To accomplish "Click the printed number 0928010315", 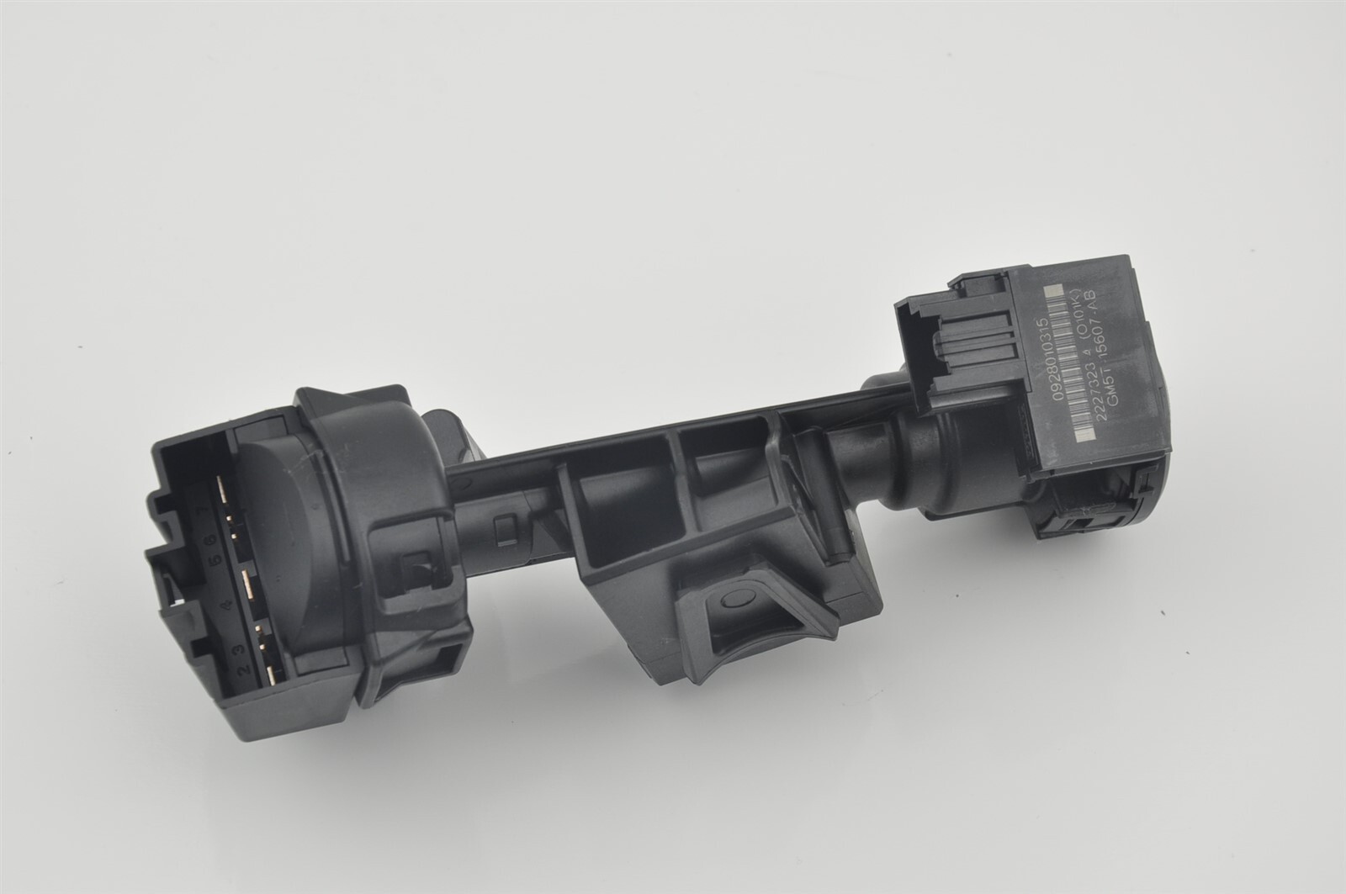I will [1049, 359].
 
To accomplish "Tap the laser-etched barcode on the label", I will [1068, 363].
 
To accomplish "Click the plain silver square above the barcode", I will [1053, 290].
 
